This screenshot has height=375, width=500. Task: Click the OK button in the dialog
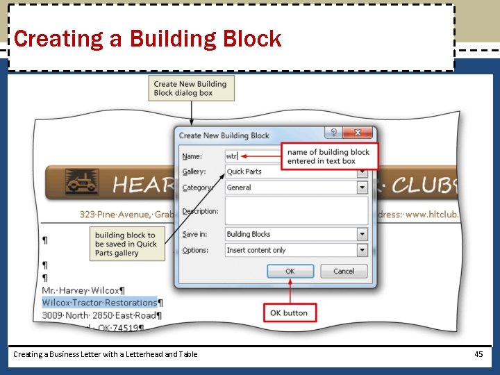click(x=290, y=271)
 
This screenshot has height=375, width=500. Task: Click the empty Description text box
click(x=296, y=211)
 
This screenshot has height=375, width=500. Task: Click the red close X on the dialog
click(x=358, y=133)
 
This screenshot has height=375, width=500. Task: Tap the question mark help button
click(x=333, y=133)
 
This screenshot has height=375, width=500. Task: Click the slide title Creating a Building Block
click(x=147, y=39)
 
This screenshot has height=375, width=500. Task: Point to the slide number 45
click(x=478, y=354)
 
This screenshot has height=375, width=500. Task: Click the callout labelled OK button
click(x=289, y=313)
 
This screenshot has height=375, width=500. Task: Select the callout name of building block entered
click(x=328, y=157)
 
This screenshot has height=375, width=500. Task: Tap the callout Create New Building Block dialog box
click(x=190, y=88)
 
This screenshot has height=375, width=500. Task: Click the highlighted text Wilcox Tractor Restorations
click(x=100, y=303)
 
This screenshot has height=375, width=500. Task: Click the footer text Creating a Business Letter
click(x=105, y=354)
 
